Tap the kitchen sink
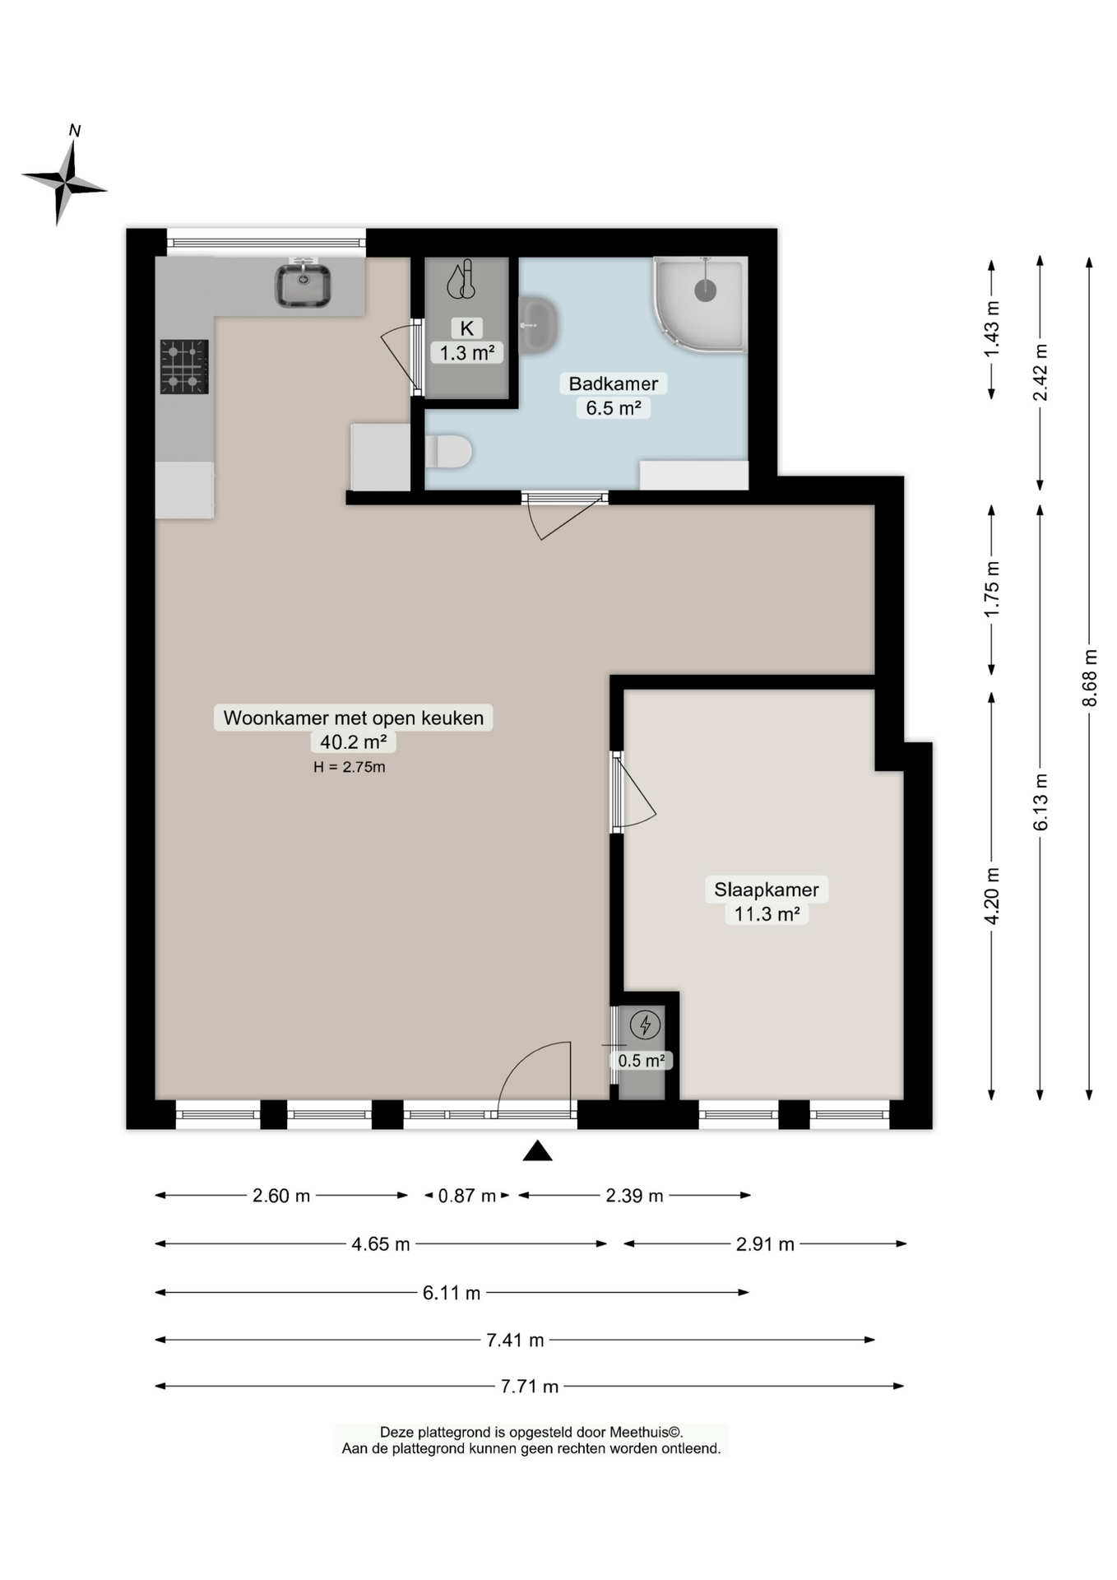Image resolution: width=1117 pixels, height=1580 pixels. pyautogui.click(x=303, y=284)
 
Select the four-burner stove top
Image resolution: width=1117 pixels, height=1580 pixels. pyautogui.click(x=184, y=367)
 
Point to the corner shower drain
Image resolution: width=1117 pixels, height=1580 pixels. pyautogui.click(x=705, y=290)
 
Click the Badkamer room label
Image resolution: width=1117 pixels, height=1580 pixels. pyautogui.click(x=614, y=383)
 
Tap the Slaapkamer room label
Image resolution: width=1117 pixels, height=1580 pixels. pyautogui.click(x=767, y=890)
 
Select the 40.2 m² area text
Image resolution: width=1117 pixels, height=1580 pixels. pyautogui.click(x=353, y=742)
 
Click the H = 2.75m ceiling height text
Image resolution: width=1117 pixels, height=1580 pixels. pyautogui.click(x=350, y=767)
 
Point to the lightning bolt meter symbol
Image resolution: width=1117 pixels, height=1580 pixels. pyautogui.click(x=645, y=1025)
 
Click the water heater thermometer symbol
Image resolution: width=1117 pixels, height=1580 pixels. pyautogui.click(x=461, y=280)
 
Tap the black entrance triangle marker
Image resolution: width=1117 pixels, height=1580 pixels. pyautogui.click(x=538, y=1150)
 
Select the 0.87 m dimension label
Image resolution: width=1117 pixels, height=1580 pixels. pyautogui.click(x=467, y=1196)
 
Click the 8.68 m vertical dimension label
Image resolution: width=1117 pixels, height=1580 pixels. pyautogui.click(x=1089, y=677)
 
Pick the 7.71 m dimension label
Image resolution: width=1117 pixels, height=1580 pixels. pyautogui.click(x=530, y=1387)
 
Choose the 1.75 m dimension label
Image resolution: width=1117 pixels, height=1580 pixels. pyautogui.click(x=992, y=589)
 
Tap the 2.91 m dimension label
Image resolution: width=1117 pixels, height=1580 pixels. pyautogui.click(x=765, y=1244)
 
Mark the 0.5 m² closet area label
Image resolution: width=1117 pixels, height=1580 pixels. pyautogui.click(x=642, y=1061)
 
